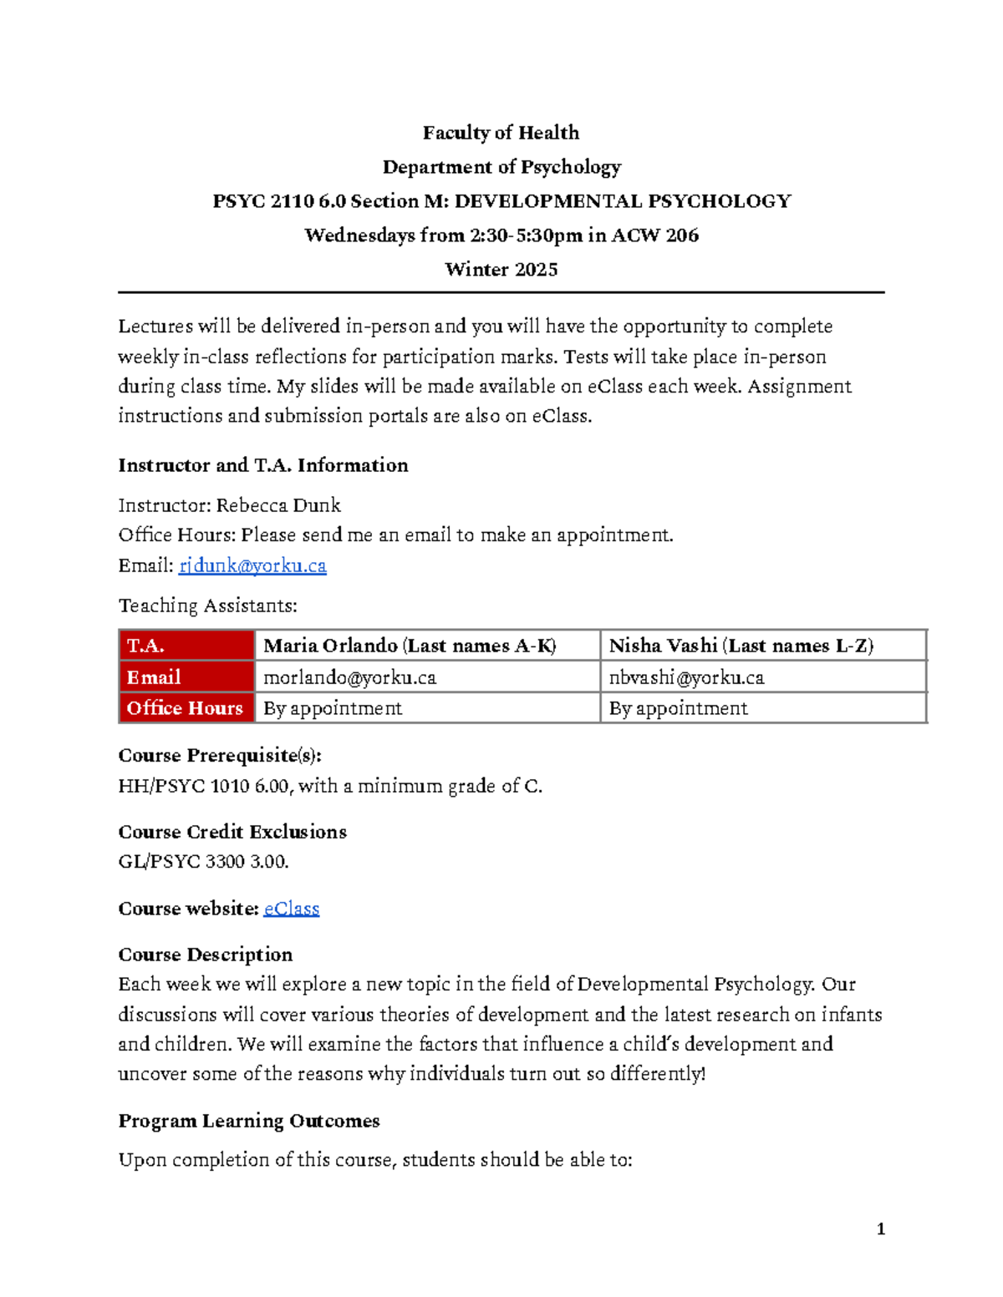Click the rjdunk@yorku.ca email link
click(252, 565)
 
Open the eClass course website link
click(291, 908)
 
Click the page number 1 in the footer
click(880, 1228)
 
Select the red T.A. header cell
click(186, 646)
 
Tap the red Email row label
click(186, 677)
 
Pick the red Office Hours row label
click(186, 708)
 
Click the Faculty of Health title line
click(501, 133)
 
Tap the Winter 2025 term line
click(501, 269)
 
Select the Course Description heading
click(206, 955)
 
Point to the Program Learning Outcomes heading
click(249, 1121)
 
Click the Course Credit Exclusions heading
click(232, 832)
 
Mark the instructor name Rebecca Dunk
click(278, 505)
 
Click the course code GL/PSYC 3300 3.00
click(203, 861)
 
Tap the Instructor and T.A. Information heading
click(263, 465)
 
